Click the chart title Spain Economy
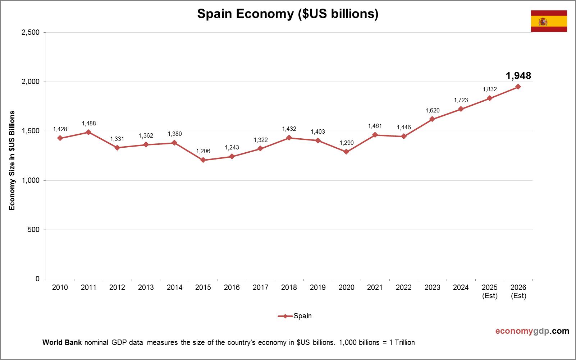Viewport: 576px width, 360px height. [288, 14]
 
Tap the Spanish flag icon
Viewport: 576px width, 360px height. [549, 21]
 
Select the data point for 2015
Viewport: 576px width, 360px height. [203, 160]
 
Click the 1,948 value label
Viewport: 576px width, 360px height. [518, 76]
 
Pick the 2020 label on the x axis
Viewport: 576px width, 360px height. [346, 287]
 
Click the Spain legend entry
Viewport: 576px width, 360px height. [295, 316]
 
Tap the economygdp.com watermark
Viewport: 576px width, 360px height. [532, 331]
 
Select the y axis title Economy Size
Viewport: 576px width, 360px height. [12, 161]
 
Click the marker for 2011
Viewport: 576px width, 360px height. [89, 132]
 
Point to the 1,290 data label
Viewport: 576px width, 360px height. [347, 143]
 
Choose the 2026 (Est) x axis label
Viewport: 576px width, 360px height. [518, 291]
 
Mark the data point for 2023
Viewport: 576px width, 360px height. [432, 119]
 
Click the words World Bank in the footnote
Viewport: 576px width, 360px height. [62, 342]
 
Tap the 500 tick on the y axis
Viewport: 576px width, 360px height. [33, 230]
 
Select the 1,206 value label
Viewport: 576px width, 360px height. [203, 151]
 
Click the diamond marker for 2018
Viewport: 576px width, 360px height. [289, 138]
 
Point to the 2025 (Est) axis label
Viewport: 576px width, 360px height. [490, 291]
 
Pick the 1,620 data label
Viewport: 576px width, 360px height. [432, 110]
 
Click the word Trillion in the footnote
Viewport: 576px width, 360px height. [404, 342]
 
